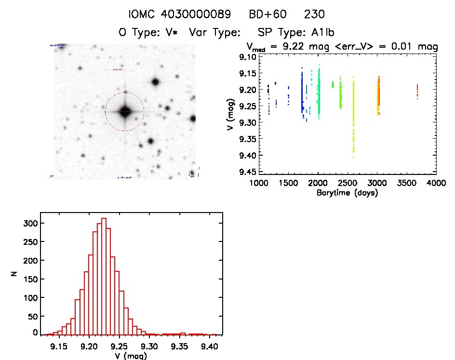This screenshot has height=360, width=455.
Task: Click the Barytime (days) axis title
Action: coord(347,193)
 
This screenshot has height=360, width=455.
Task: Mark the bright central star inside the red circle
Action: coord(125,111)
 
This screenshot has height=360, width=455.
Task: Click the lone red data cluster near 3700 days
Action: coord(417,91)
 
